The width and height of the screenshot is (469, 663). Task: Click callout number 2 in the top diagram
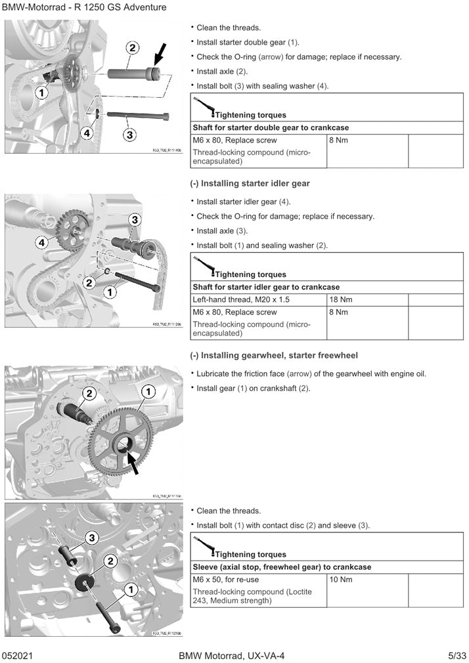(x=132, y=48)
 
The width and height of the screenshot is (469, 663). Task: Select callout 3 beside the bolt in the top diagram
(x=130, y=135)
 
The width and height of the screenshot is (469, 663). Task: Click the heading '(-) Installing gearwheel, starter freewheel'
(x=274, y=356)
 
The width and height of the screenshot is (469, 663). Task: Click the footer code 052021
(x=18, y=655)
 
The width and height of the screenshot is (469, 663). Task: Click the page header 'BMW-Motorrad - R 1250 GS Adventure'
(x=84, y=7)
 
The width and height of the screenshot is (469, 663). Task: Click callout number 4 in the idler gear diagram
(x=42, y=243)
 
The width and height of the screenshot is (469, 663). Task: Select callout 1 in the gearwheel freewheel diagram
(x=149, y=392)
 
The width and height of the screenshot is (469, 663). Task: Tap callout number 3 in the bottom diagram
(x=91, y=538)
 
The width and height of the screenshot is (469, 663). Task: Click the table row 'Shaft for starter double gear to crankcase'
(x=270, y=127)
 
